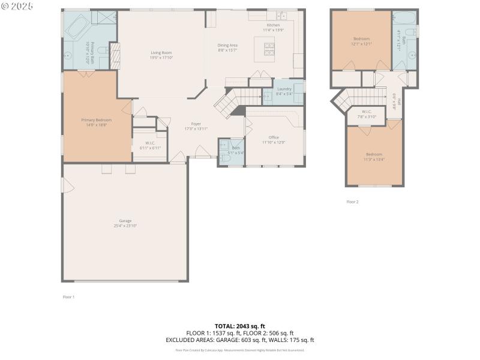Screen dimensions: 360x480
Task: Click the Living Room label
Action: (161, 53)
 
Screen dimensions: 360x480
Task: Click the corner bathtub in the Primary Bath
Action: (77, 27)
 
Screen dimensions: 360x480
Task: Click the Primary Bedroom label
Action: (97, 120)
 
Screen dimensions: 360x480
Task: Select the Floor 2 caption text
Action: (352, 202)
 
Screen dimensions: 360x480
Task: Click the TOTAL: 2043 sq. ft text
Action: (240, 326)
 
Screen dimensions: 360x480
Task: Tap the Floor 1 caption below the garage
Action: (68, 296)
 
